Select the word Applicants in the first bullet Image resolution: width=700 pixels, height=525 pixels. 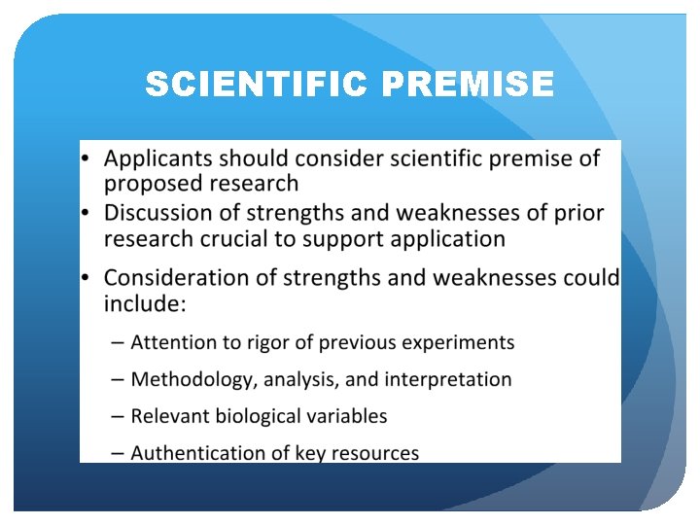coord(158,157)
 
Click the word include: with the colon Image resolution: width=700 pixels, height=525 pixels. coord(144,303)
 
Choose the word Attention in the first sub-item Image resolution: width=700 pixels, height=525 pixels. coord(171,342)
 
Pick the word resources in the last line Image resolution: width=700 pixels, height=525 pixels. coord(375,453)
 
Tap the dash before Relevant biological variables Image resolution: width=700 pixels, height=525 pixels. coord(117,416)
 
